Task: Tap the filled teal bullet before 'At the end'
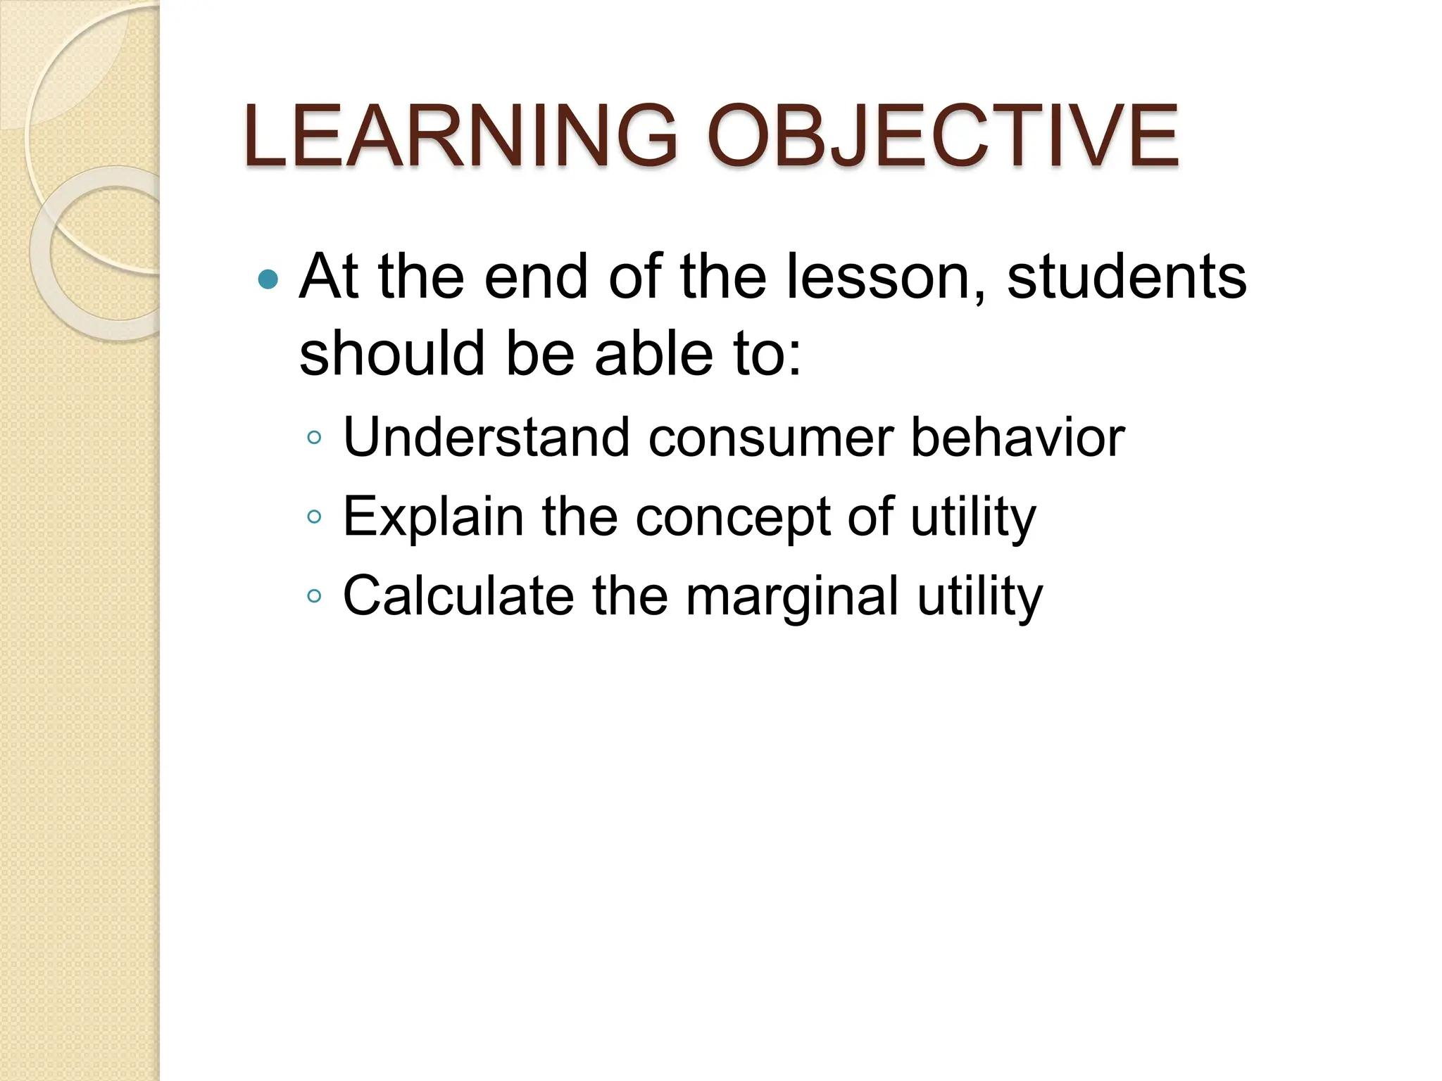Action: coord(268,280)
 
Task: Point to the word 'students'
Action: coord(1127,277)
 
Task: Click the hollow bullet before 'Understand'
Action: coord(314,438)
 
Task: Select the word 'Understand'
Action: coord(486,438)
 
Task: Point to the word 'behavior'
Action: coord(1017,438)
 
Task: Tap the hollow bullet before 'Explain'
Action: coord(314,518)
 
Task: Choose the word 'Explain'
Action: coord(434,518)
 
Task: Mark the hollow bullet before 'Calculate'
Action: coord(314,597)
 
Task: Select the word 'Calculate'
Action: coord(458,596)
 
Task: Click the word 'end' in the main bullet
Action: coord(536,277)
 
